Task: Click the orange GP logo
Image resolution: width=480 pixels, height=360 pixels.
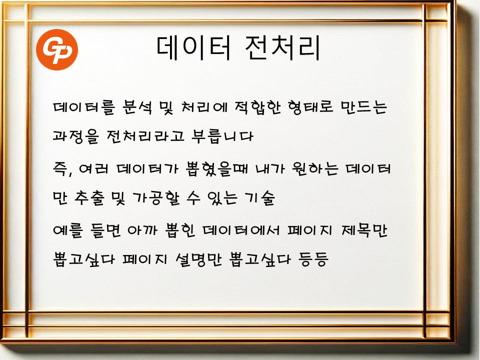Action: click(x=57, y=49)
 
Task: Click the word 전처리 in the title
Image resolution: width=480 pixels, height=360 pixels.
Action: click(x=282, y=48)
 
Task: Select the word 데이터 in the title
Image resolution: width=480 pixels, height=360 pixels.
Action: click(x=193, y=48)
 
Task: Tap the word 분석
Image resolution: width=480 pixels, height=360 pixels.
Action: click(x=137, y=107)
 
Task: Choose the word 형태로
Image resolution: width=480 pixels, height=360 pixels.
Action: click(x=310, y=107)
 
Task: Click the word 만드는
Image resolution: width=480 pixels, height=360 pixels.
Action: click(x=364, y=107)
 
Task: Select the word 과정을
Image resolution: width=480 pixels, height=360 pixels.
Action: click(x=76, y=136)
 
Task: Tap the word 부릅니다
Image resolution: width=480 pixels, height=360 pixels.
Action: click(x=222, y=136)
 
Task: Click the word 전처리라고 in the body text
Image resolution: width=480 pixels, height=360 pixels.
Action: click(x=145, y=136)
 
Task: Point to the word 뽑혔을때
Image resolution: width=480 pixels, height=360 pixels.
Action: click(x=216, y=168)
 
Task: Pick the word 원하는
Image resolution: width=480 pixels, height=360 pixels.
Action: click(x=315, y=168)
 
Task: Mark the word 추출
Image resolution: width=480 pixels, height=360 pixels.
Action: click(x=89, y=198)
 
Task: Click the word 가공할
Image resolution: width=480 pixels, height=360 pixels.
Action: click(x=156, y=198)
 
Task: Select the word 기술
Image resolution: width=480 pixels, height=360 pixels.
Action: click(x=259, y=198)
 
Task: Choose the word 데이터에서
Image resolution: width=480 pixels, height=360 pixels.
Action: click(x=241, y=230)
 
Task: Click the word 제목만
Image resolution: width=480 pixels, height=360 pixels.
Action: click(x=364, y=230)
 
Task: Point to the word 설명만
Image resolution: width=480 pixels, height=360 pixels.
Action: click(x=198, y=259)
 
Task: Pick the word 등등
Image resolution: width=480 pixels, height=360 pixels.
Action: click(x=313, y=259)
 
